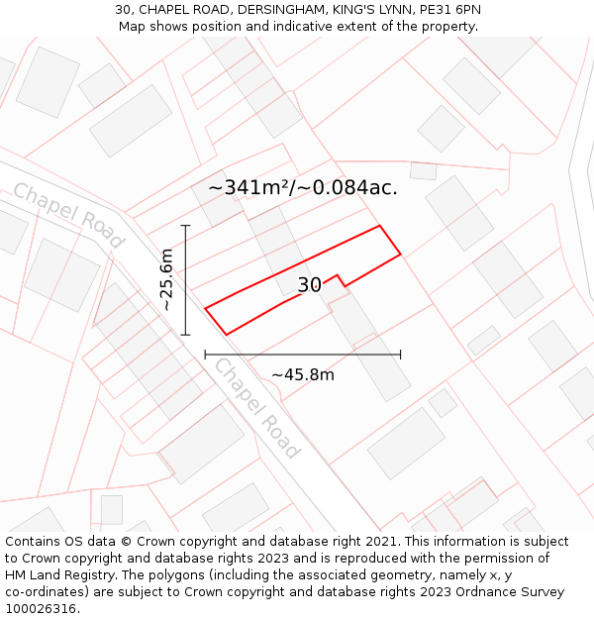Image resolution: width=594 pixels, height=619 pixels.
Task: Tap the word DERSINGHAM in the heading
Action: point(280,10)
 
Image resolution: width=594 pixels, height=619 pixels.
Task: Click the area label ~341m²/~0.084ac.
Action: point(303,187)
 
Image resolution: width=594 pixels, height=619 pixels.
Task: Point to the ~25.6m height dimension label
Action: point(167,280)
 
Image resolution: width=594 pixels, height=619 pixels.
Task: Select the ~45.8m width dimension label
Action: point(303,374)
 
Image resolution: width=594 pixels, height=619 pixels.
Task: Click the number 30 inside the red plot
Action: point(309,285)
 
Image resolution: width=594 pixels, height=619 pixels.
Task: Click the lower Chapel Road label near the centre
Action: point(255,407)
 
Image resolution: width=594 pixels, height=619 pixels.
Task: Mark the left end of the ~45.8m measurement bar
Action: point(205,355)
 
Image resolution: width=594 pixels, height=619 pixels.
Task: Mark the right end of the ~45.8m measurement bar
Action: point(400,355)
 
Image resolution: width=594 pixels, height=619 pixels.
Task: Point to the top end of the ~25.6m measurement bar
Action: point(185,226)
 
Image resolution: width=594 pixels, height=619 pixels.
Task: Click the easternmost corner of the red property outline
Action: point(401,255)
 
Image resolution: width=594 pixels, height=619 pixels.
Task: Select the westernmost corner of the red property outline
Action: point(205,308)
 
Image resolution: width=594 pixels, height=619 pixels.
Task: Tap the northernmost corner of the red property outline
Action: point(380,226)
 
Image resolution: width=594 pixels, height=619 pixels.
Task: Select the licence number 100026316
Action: point(43,609)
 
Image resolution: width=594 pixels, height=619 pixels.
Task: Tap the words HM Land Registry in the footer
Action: point(56,575)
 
